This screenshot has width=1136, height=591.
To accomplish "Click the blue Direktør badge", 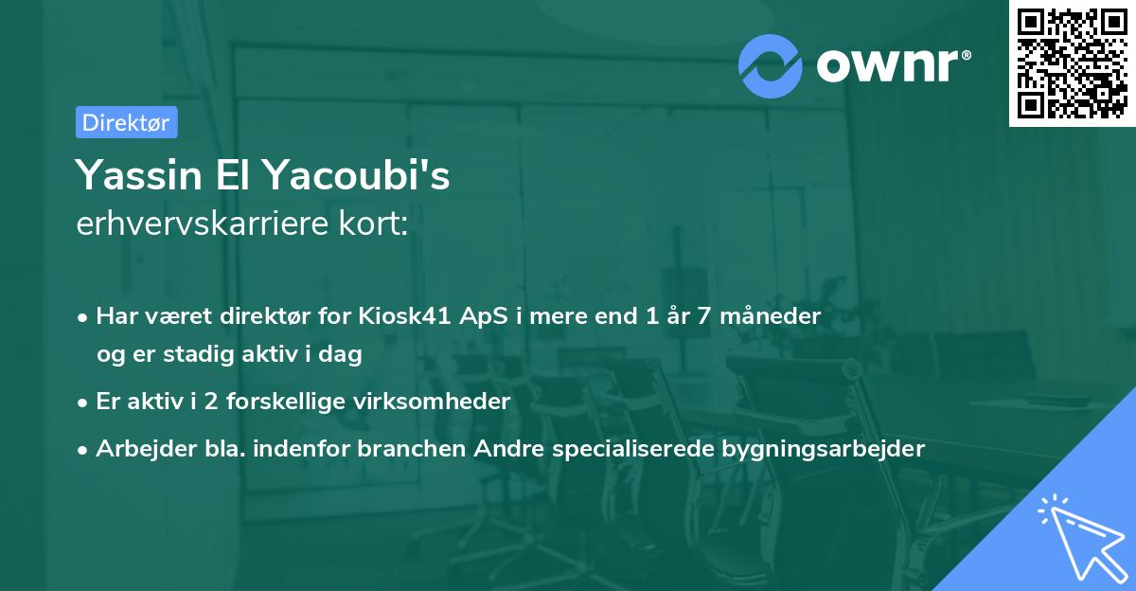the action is tap(127, 122).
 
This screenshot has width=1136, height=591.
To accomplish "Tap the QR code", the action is tap(1073, 63).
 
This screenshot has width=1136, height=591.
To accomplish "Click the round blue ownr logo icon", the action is tap(770, 66).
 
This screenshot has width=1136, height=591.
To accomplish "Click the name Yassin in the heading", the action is tap(139, 175).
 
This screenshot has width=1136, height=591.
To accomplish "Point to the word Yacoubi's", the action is tap(357, 174).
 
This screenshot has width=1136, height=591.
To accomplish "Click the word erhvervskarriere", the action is tap(203, 224).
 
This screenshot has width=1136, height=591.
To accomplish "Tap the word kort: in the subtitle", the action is tap(374, 224).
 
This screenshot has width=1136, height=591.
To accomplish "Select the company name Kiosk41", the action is tap(405, 316).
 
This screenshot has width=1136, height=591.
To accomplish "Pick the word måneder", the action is tap(771, 316).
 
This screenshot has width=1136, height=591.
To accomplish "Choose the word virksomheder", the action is tap(432, 402).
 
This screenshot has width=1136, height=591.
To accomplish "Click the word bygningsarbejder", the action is tap(823, 449).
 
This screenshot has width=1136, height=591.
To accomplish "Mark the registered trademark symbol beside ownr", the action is tap(966, 55).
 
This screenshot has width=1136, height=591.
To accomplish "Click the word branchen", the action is tap(411, 449).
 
